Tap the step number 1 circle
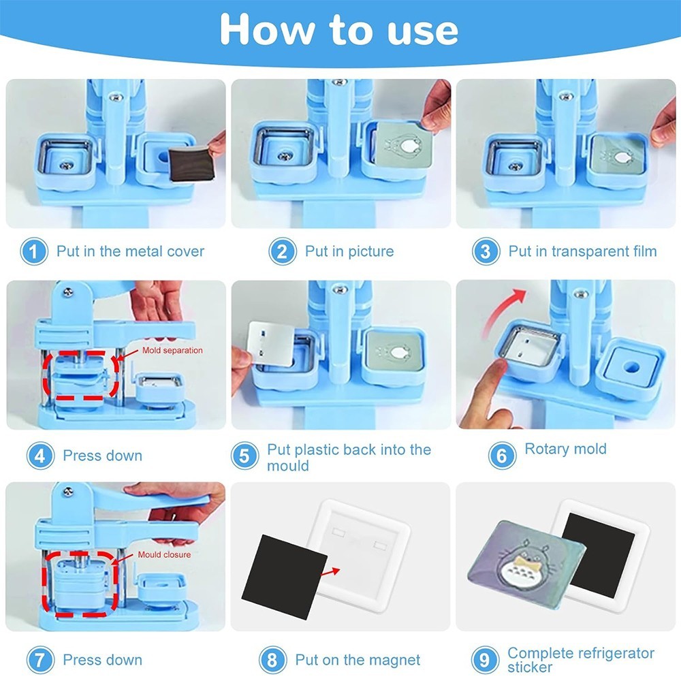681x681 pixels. pos(33,252)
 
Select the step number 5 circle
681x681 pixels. pos(244,456)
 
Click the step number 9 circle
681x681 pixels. pos(484,660)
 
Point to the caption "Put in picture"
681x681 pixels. pos(349,251)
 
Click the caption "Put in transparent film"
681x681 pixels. pos(582,251)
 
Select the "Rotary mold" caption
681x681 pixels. pos(565,449)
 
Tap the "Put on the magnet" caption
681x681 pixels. pos(358,660)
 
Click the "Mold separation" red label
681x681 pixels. pos(172,350)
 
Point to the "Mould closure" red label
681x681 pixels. pos(164,554)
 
